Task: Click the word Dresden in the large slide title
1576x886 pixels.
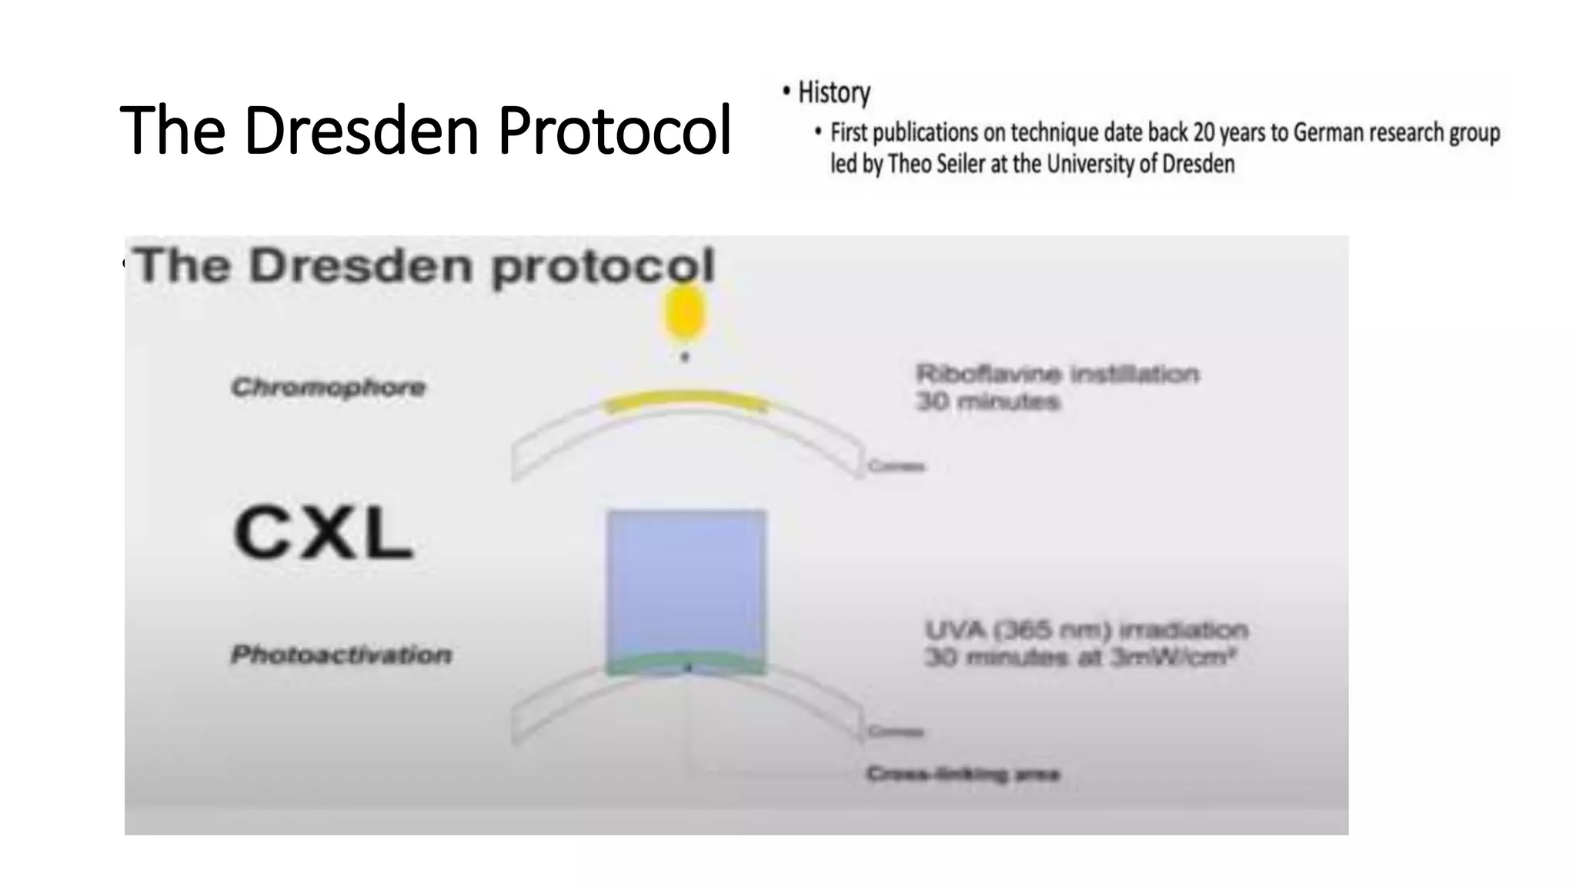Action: pos(361,131)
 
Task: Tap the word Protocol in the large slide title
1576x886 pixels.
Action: pos(614,131)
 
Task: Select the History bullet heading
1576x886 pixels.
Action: pos(833,93)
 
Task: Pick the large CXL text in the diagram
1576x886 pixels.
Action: pos(322,533)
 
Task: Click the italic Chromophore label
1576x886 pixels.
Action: pos(329,387)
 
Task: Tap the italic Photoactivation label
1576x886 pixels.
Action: pos(342,655)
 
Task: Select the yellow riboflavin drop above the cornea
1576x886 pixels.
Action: pos(684,312)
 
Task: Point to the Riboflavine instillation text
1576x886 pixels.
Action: pos(1057,375)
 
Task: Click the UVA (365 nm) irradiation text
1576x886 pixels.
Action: pos(1085,631)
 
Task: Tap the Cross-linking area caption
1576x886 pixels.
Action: pos(963,774)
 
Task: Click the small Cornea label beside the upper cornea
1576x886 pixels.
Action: pos(897,466)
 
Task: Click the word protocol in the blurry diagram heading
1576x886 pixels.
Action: pos(603,267)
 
